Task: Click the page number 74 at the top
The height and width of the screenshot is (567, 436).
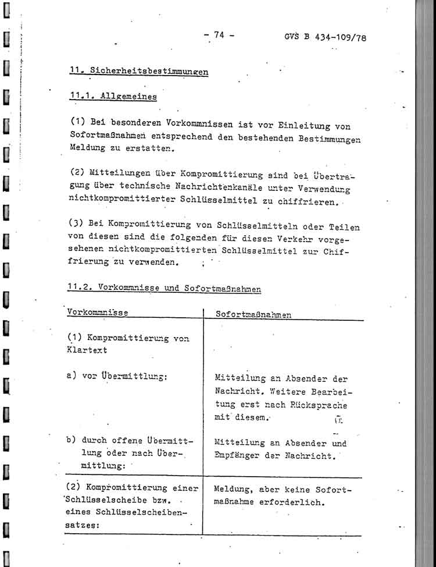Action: [219, 34]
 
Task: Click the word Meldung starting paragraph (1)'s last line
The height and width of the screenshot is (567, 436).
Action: [87, 150]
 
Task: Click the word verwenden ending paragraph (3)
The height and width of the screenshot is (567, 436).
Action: [157, 263]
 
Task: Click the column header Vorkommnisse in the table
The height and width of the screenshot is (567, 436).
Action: [98, 312]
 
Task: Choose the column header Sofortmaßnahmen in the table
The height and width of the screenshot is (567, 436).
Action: [253, 314]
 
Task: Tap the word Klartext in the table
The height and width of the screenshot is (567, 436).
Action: [87, 351]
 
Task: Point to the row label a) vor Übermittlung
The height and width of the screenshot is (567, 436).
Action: [117, 376]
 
